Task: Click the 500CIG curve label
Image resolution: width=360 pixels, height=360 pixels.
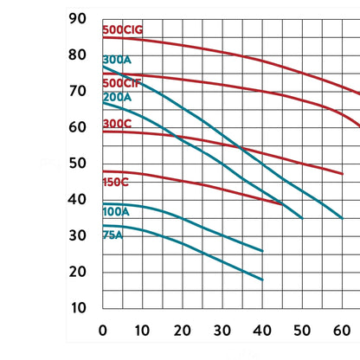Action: (123, 29)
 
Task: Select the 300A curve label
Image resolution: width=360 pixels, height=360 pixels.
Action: (117, 60)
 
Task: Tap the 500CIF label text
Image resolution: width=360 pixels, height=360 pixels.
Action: (122, 83)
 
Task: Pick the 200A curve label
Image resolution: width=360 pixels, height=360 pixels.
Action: (117, 97)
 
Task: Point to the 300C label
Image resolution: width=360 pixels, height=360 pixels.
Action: (117, 124)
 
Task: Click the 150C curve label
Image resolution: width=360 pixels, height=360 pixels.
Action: (115, 183)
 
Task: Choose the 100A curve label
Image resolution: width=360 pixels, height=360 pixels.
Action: (116, 212)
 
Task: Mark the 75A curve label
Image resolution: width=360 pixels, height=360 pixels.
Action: (112, 235)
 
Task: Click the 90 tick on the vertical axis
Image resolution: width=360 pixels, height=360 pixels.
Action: (77, 19)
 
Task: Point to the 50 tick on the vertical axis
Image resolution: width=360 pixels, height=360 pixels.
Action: (77, 164)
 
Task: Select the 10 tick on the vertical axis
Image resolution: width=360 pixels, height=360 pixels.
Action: (79, 308)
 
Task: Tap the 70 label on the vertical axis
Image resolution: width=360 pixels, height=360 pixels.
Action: (77, 91)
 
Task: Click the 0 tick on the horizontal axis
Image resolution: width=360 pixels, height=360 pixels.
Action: (103, 331)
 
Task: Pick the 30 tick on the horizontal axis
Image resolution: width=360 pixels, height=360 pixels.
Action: (222, 331)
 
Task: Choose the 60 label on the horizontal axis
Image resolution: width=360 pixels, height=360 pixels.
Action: (342, 331)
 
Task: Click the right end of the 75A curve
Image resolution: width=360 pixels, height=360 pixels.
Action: (262, 280)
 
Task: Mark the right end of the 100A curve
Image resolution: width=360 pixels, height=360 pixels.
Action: (262, 251)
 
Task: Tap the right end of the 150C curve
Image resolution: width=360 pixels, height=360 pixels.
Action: (282, 204)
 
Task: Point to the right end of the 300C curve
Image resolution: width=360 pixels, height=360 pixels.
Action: (343, 174)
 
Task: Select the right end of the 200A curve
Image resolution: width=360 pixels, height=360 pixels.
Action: (302, 218)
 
